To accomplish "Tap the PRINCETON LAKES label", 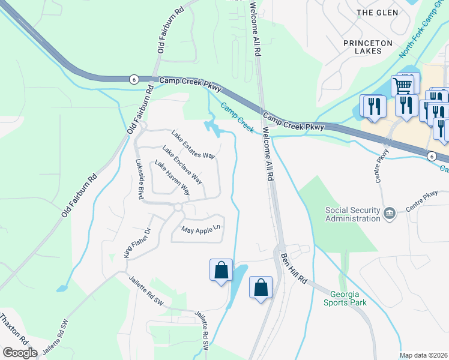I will click(x=367, y=47).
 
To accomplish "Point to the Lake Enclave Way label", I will click(x=182, y=165).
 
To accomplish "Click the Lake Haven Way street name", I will click(x=172, y=178).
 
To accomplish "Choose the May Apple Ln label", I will click(x=201, y=229).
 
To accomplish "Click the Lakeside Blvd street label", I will click(x=140, y=179).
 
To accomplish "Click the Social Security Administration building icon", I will click(x=390, y=213).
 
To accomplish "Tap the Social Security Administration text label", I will click(x=352, y=214).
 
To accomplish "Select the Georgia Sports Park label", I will click(x=348, y=298).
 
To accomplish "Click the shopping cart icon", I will click(x=402, y=86).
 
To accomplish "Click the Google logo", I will click(x=20, y=353).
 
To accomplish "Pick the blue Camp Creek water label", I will click(x=237, y=117).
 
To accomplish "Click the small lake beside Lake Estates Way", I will click(x=211, y=127).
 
